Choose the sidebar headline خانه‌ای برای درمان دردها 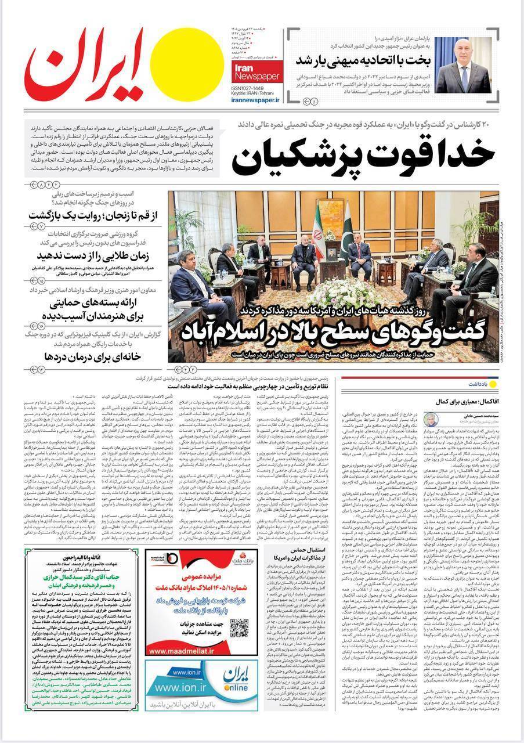(x=86, y=356)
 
